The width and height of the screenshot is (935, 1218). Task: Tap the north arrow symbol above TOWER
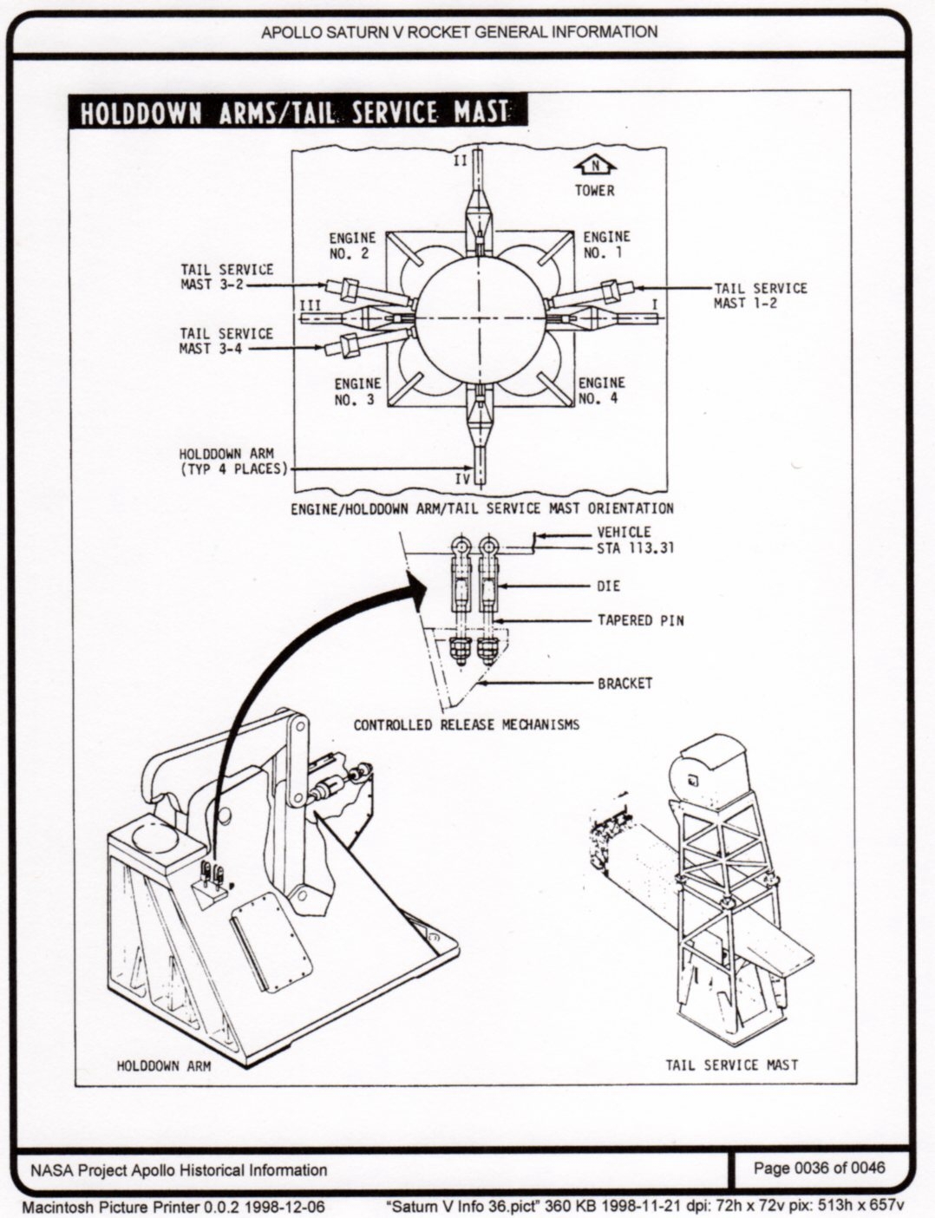(x=594, y=166)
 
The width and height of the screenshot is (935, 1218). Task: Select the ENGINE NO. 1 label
(x=606, y=245)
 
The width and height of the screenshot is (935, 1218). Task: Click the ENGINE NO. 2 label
(x=352, y=246)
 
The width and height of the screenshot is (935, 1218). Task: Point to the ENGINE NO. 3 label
(x=357, y=391)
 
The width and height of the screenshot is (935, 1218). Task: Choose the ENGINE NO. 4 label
(x=601, y=390)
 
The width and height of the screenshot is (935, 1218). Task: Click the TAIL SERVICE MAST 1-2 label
(x=760, y=295)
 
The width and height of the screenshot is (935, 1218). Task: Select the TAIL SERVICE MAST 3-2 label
(x=226, y=277)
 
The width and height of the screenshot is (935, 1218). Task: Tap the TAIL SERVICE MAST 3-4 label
(x=226, y=341)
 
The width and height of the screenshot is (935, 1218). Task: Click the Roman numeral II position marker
(x=461, y=161)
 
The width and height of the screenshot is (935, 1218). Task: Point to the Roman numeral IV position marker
(x=464, y=476)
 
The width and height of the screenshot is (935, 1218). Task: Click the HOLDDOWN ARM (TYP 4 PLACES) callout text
(x=232, y=462)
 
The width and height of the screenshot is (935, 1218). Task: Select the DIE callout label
(x=609, y=586)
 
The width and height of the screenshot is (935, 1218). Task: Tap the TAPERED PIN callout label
(x=635, y=621)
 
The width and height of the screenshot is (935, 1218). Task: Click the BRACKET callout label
(x=624, y=684)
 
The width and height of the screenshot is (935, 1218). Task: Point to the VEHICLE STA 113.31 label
(x=636, y=540)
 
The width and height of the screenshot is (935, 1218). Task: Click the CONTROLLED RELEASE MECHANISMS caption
(x=466, y=724)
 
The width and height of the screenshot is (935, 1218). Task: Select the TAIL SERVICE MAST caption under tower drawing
(x=731, y=1064)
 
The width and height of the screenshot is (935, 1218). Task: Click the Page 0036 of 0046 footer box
(x=819, y=1168)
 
